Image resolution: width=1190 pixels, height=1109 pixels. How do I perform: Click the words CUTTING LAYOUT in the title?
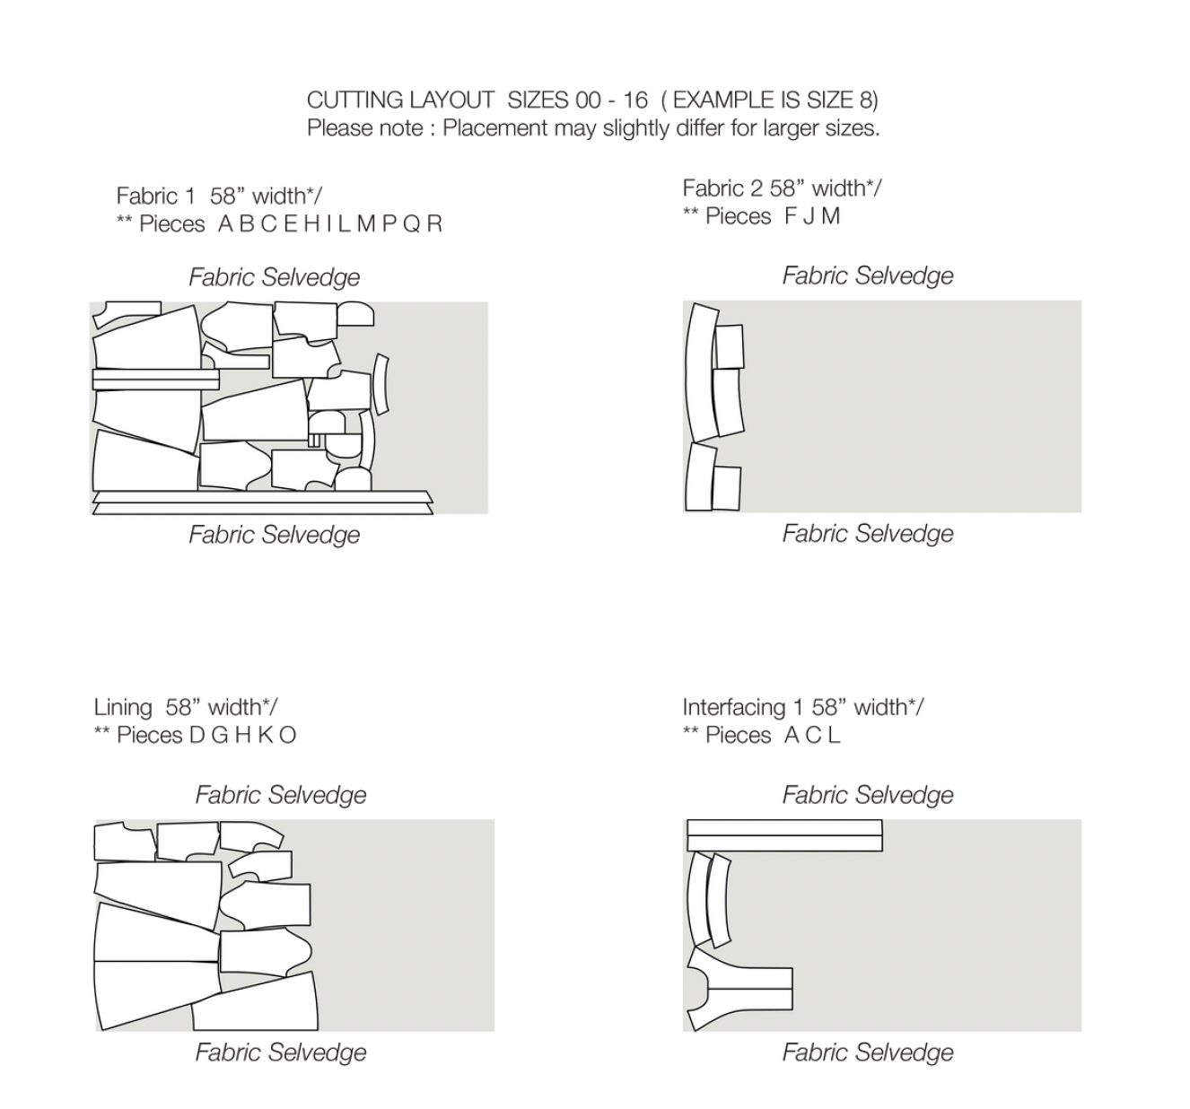pos(400,100)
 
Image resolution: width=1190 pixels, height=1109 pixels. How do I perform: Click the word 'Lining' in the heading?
pos(123,707)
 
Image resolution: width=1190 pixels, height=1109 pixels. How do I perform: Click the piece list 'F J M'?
pos(812,216)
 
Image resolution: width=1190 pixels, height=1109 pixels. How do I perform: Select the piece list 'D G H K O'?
pos(243,736)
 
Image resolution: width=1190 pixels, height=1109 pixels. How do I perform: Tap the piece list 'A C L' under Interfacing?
pos(812,736)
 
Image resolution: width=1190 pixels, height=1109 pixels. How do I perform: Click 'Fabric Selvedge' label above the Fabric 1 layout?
pos(274,277)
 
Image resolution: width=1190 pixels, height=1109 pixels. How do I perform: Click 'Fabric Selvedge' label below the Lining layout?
pos(281,1052)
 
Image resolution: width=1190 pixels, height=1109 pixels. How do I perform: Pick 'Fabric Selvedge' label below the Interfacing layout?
pos(867,1052)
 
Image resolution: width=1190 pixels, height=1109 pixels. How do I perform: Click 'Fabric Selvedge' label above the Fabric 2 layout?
pos(867,275)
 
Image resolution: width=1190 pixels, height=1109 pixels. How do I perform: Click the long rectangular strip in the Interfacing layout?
pos(784,835)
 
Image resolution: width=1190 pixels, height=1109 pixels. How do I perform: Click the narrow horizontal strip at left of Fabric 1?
pos(155,380)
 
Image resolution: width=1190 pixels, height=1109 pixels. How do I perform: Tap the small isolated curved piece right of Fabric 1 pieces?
pos(381,384)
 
